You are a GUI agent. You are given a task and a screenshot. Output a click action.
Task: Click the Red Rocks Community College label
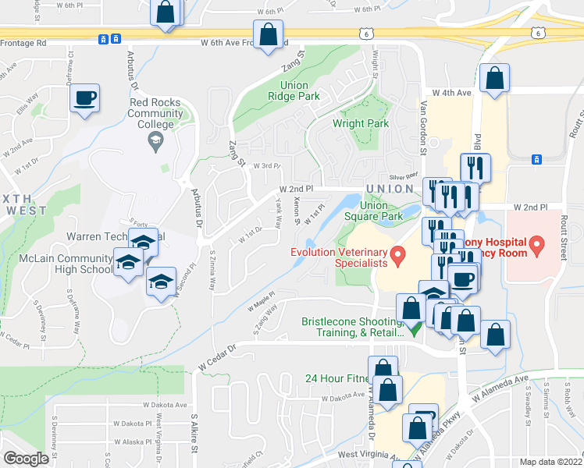tap(156, 113)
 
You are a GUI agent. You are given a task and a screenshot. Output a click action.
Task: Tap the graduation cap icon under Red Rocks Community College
tap(155, 141)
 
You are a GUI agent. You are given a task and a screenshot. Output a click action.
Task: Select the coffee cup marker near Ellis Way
tap(85, 99)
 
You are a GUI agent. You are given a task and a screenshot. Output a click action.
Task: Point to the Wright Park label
tap(360, 123)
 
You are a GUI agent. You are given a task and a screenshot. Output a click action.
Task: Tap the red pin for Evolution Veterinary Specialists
tap(398, 253)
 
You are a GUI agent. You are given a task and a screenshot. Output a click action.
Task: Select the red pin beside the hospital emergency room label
tap(536, 246)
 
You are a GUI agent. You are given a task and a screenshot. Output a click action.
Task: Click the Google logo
tap(26, 459)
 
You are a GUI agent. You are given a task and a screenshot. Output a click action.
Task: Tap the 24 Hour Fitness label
tap(336, 378)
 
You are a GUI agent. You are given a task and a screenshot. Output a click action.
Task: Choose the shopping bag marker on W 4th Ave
tap(494, 79)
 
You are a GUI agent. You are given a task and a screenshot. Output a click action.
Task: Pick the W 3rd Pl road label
tap(265, 165)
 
